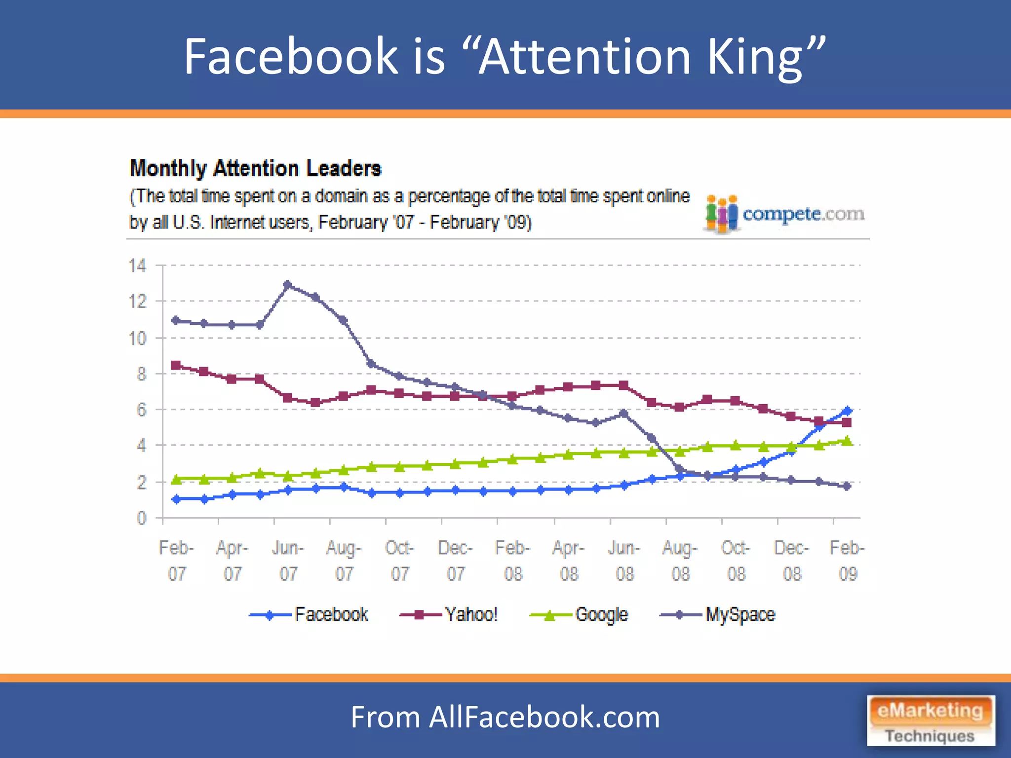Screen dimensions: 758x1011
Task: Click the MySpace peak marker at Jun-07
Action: pos(287,285)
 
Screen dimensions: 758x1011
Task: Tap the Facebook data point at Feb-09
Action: pos(848,411)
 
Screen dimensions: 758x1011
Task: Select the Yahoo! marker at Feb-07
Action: pos(176,365)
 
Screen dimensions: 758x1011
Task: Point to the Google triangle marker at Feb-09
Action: pos(848,440)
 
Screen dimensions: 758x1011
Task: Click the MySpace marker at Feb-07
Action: pos(176,320)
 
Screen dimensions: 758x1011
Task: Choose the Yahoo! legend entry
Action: pos(449,615)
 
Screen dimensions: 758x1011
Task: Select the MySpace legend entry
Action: pos(718,615)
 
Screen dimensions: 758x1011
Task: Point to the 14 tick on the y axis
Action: pos(138,266)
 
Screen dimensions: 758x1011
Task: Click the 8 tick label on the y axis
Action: pos(142,374)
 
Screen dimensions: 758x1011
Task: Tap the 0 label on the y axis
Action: pos(142,518)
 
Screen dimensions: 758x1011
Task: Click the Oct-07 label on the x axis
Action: pos(399,561)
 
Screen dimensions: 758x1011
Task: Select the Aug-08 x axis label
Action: pos(680,561)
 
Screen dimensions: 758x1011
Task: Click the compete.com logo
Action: pos(785,214)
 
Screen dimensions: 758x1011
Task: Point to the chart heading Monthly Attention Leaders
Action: pos(256,168)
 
